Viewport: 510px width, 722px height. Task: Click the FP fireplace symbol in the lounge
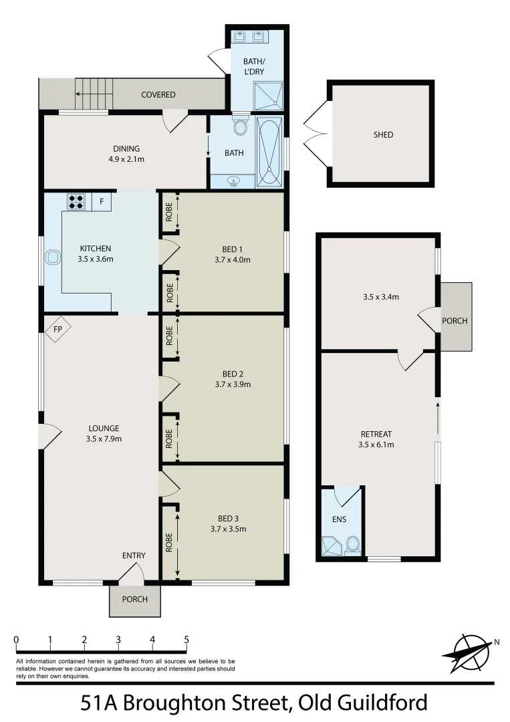[57, 329]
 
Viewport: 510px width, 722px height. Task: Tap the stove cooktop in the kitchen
[76, 201]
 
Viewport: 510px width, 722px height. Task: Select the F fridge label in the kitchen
[102, 201]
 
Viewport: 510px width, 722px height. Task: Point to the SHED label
[383, 135]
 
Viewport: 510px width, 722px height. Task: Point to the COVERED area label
[158, 95]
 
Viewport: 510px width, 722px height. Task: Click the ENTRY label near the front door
[134, 556]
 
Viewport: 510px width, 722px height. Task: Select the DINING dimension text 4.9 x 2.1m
[126, 159]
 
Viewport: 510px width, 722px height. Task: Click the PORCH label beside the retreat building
[455, 321]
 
